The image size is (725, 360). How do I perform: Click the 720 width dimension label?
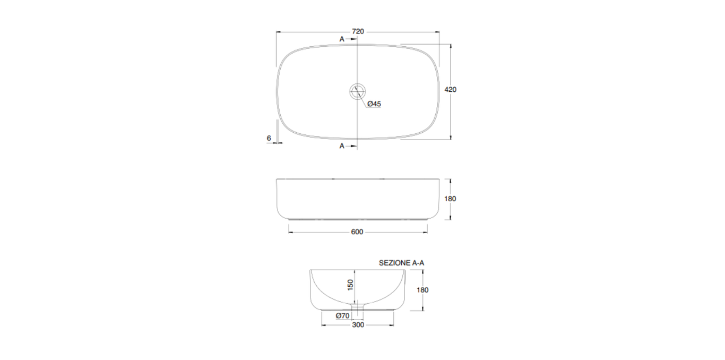[358, 31]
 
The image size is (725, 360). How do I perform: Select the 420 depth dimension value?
[450, 90]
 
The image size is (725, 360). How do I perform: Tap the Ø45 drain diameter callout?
[374, 104]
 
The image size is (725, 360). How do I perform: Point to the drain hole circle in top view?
[358, 91]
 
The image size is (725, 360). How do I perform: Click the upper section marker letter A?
[342, 39]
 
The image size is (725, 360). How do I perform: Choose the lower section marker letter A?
[342, 146]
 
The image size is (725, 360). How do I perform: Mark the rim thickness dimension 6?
[269, 138]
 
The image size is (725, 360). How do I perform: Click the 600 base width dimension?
[357, 232]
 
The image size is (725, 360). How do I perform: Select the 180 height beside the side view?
[450, 199]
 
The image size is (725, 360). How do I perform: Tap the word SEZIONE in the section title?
[394, 263]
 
